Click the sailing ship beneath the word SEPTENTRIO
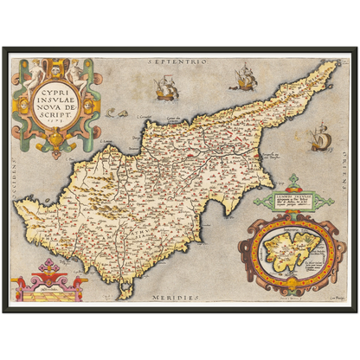[x=164, y=87]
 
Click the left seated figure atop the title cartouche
[x=32, y=70]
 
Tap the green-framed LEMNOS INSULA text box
[x=289, y=202]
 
